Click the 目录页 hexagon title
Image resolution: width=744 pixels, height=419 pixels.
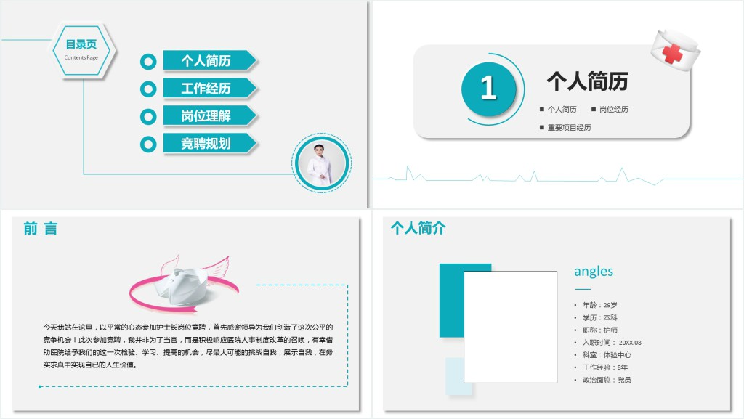81,44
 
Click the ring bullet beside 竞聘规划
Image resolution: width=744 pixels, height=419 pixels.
148,144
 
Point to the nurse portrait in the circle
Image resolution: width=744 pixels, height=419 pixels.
321,163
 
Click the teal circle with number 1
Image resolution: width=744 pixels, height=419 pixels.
488,89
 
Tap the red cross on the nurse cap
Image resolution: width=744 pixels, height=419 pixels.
672,52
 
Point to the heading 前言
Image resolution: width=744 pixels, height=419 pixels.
41,229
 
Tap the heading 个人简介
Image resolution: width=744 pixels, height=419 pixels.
418,228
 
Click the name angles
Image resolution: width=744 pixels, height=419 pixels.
594,272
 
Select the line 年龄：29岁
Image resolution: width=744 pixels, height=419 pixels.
599,305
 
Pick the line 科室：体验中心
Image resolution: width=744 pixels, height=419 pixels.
607,354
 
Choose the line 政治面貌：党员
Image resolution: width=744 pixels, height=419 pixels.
607,380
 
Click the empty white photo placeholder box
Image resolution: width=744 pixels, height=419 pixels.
510,327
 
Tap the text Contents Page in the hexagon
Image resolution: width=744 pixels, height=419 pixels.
81,57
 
